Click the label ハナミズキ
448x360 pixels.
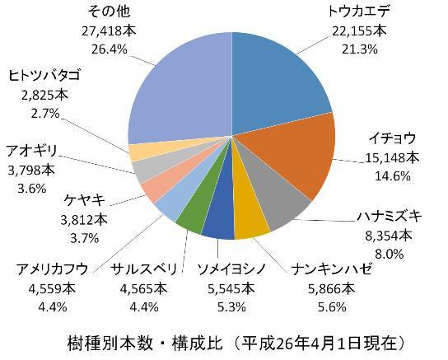tap(389, 217)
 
